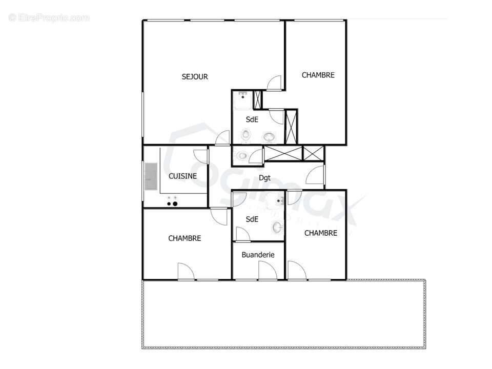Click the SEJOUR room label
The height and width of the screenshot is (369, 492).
[x=195, y=77]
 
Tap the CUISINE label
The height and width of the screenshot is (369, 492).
[x=182, y=176]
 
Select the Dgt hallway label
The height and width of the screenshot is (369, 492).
[x=264, y=178]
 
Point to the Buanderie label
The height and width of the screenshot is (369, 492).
[x=258, y=255]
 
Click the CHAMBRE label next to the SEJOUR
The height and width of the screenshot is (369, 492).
[x=318, y=75]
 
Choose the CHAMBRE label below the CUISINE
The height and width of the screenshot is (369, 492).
[x=184, y=238]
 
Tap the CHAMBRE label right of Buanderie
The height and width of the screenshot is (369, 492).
[x=321, y=233]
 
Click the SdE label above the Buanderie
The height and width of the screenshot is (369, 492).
[x=252, y=219]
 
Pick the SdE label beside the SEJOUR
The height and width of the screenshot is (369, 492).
[x=252, y=119]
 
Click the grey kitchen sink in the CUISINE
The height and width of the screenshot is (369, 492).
[x=151, y=177]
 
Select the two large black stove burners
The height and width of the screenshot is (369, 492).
[x=172, y=204]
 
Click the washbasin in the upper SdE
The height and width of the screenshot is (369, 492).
[x=269, y=137]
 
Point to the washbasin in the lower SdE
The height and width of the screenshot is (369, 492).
[x=277, y=227]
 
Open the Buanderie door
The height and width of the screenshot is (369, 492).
[x=264, y=270]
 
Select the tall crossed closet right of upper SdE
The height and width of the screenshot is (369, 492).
[x=291, y=127]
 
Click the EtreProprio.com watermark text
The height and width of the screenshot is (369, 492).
[x=49, y=18]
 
